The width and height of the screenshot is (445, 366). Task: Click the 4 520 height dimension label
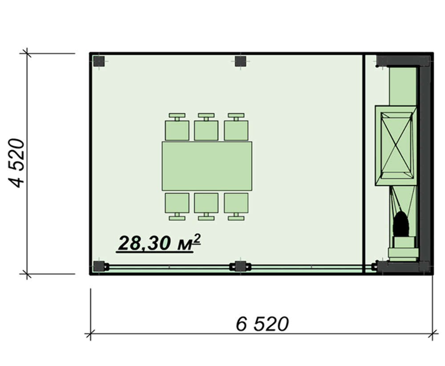[16, 163]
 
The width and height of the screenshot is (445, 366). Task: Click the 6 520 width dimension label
[262, 324]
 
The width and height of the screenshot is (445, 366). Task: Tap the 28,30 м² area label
[159, 243]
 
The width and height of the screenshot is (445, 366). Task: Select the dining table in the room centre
[207, 166]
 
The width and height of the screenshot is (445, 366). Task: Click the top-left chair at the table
[177, 127]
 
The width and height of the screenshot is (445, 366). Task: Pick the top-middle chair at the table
[206, 127]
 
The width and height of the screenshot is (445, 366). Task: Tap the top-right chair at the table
[236, 127]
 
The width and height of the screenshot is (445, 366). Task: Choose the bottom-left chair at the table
[177, 207]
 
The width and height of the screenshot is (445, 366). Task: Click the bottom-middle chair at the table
[206, 207]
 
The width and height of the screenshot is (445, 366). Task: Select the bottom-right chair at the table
[236, 207]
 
